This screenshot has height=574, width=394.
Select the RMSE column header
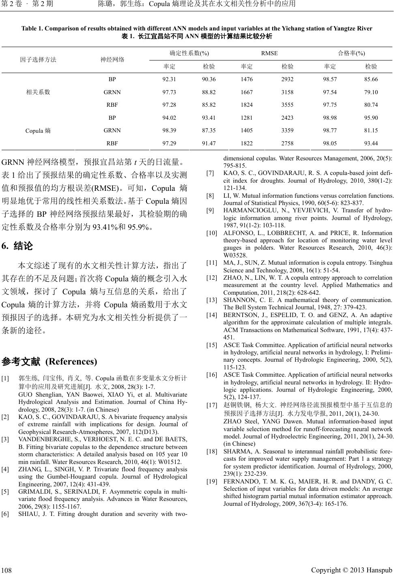269,53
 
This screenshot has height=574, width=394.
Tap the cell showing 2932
287,79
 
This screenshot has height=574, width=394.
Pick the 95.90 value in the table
371,118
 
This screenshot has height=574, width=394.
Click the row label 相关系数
38,92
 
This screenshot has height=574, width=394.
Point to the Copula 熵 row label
38,131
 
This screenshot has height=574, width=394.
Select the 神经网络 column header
112,60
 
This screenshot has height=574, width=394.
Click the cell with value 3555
287,105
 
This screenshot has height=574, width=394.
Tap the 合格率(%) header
351,53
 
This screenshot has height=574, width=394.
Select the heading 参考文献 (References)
50,361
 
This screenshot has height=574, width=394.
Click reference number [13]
211,300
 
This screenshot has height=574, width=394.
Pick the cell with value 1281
247,118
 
